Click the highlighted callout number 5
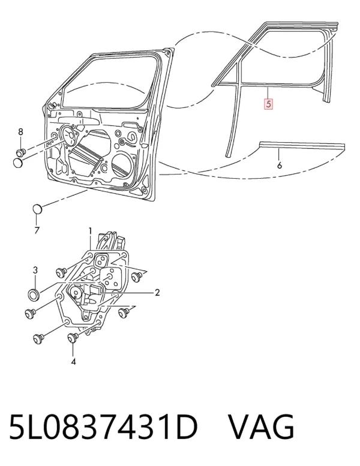click(268, 104)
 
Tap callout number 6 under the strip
click(279, 165)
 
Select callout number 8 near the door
click(20, 132)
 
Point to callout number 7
click(37, 230)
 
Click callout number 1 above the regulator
click(90, 232)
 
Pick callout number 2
click(157, 293)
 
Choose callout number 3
click(35, 270)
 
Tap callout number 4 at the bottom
click(73, 362)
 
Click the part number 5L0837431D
click(103, 427)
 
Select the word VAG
click(261, 427)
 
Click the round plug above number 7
click(37, 209)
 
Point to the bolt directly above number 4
click(73, 337)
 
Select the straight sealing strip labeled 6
click(302, 146)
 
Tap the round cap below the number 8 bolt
click(18, 163)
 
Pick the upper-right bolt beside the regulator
click(137, 276)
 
